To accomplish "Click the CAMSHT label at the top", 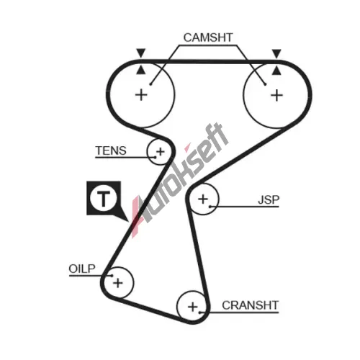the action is point(208,37).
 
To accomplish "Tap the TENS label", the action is point(111,150).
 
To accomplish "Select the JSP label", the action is point(269,200).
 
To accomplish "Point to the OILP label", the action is point(82,269).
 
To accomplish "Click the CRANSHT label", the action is point(251,305).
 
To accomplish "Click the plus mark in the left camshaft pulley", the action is point(141,95).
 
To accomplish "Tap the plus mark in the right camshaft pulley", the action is point(276,95).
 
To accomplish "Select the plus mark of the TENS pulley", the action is point(161,152).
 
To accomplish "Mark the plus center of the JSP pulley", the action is point(203,199).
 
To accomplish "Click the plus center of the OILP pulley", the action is point(118,283).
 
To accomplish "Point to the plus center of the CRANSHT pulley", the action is point(193,307).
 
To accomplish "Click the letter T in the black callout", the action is point(104,199).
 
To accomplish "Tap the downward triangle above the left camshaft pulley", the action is point(141,53).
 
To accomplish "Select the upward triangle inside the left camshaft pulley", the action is point(141,70).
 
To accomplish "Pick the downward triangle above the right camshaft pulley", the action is point(276,53).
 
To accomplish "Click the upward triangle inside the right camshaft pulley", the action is point(276,71).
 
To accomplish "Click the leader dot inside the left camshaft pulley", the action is point(150,84).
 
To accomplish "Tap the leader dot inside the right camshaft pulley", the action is point(265,84).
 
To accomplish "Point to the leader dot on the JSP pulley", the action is point(210,207).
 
